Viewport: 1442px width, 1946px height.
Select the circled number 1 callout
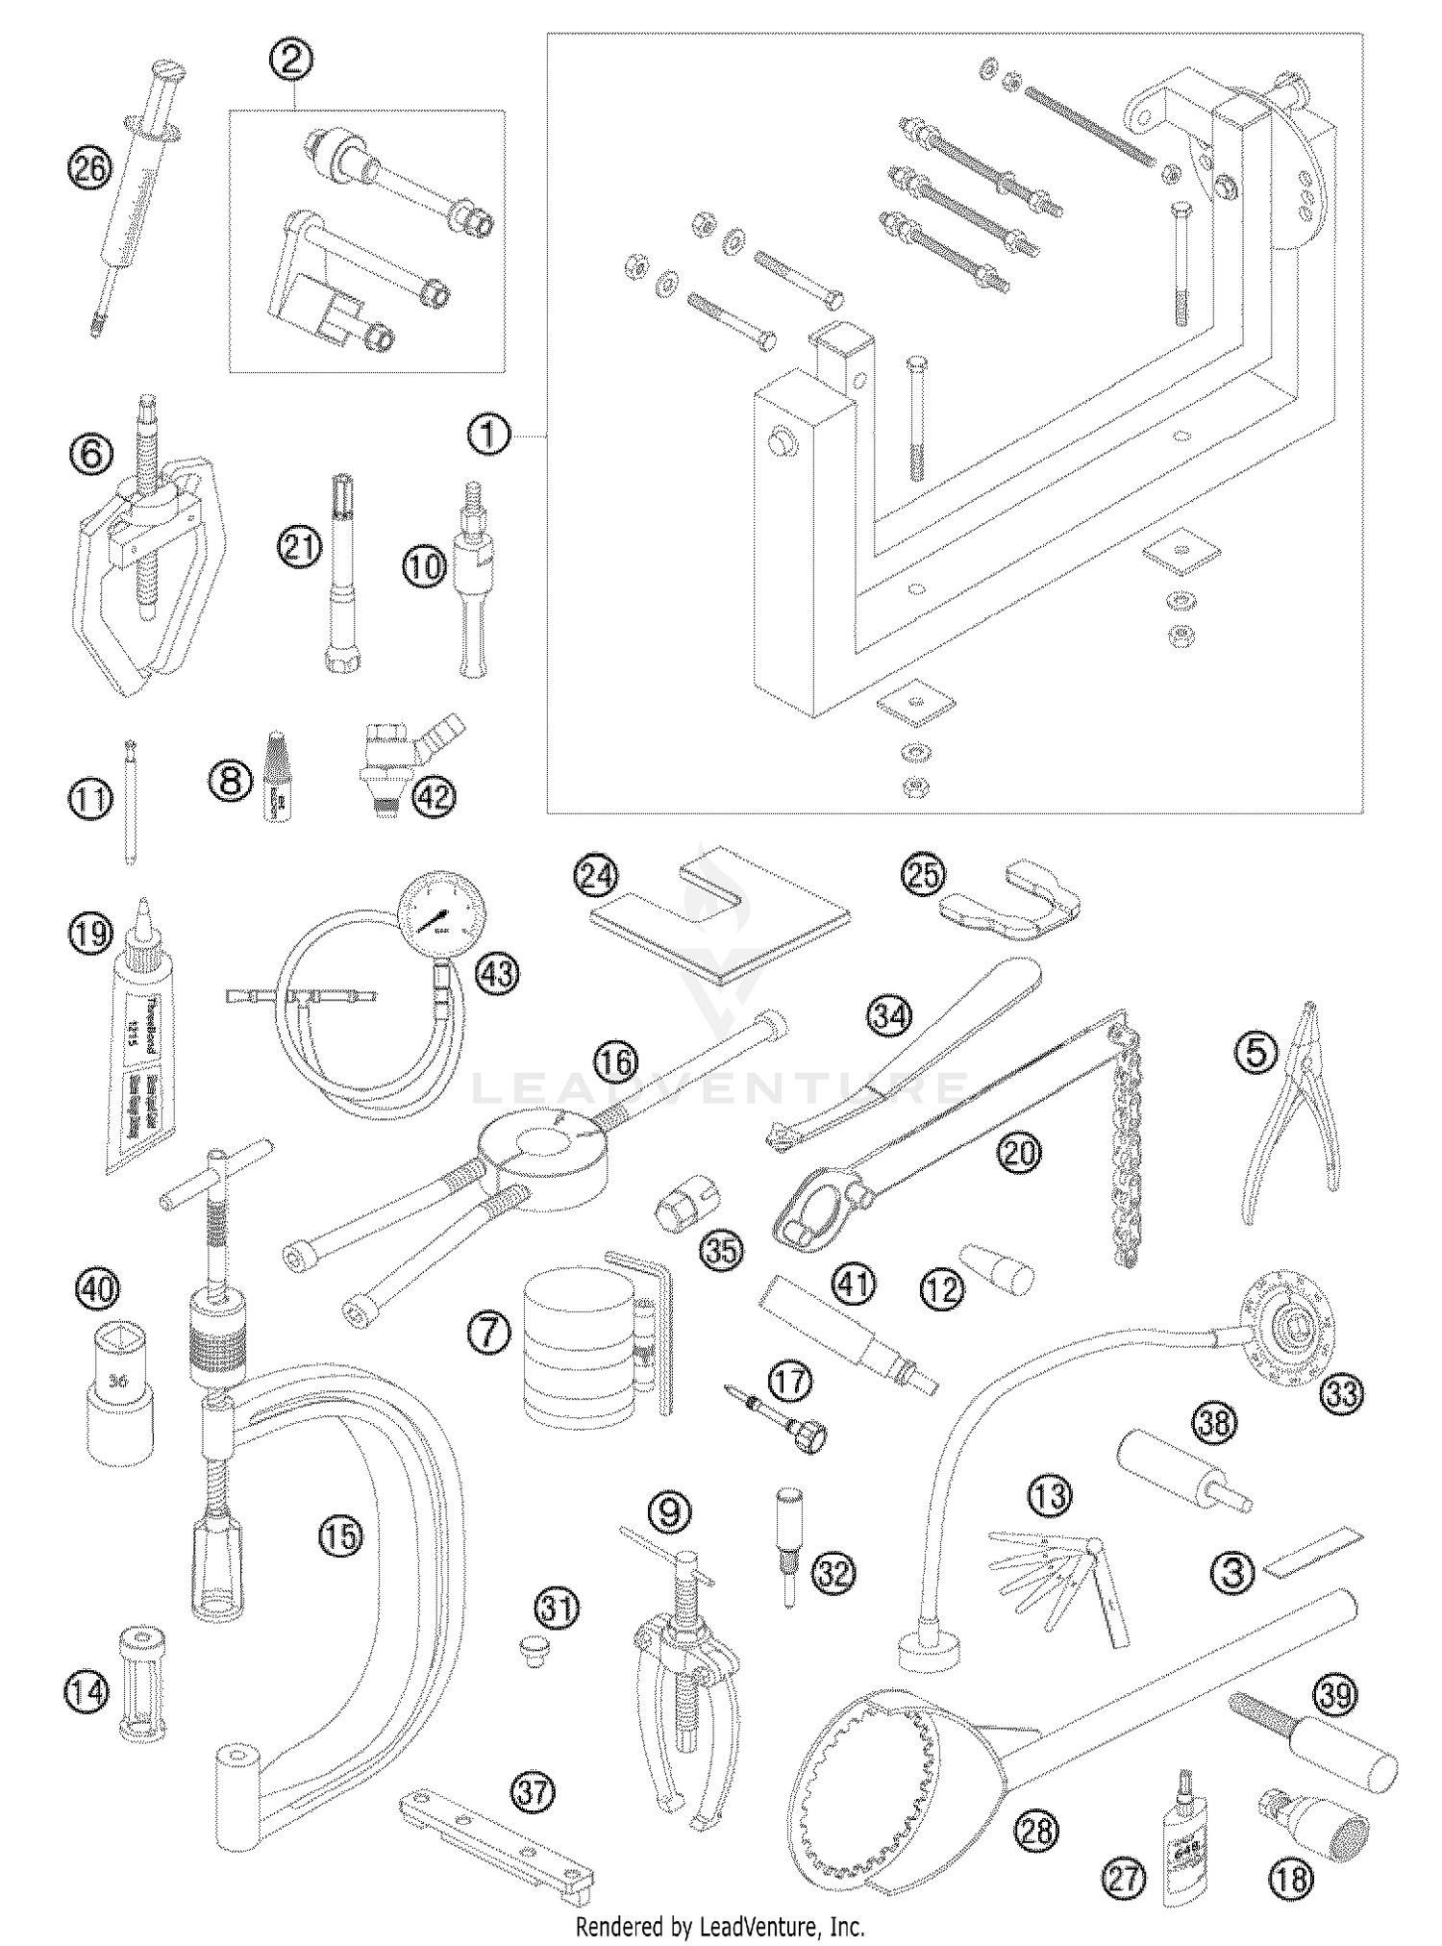(488, 437)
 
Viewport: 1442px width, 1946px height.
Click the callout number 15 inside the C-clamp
(341, 1535)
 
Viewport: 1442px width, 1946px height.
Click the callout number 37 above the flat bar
(534, 1792)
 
